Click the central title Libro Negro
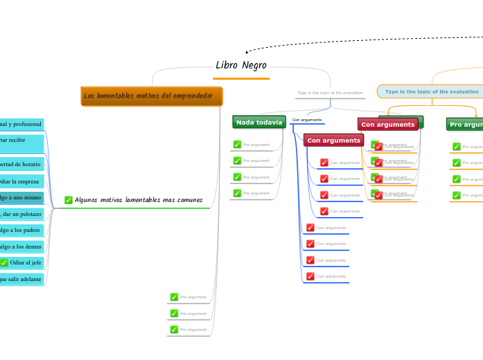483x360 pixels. [x=240, y=65]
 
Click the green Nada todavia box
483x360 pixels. [x=259, y=123]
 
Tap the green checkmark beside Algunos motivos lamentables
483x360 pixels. [x=69, y=200]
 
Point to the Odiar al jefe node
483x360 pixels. [x=25, y=262]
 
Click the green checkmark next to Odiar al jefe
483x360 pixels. [x=4, y=262]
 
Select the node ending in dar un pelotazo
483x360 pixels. [x=21, y=215]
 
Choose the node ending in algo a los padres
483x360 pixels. [x=21, y=231]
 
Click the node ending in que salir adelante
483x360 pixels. [x=21, y=279]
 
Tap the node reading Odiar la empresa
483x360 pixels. [x=21, y=181]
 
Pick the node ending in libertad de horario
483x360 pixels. [x=21, y=164]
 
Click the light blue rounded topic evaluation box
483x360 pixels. [x=431, y=91]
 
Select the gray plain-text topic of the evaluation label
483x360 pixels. [x=330, y=93]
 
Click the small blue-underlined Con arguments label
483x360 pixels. [x=306, y=120]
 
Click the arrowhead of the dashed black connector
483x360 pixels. [x=248, y=52]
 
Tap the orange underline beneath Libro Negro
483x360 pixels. [x=240, y=79]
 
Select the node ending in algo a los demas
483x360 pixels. [x=21, y=246]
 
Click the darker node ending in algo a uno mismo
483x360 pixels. [x=21, y=198]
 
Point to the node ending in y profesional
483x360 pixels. [x=21, y=124]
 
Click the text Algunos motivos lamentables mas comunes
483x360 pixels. [x=139, y=200]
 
